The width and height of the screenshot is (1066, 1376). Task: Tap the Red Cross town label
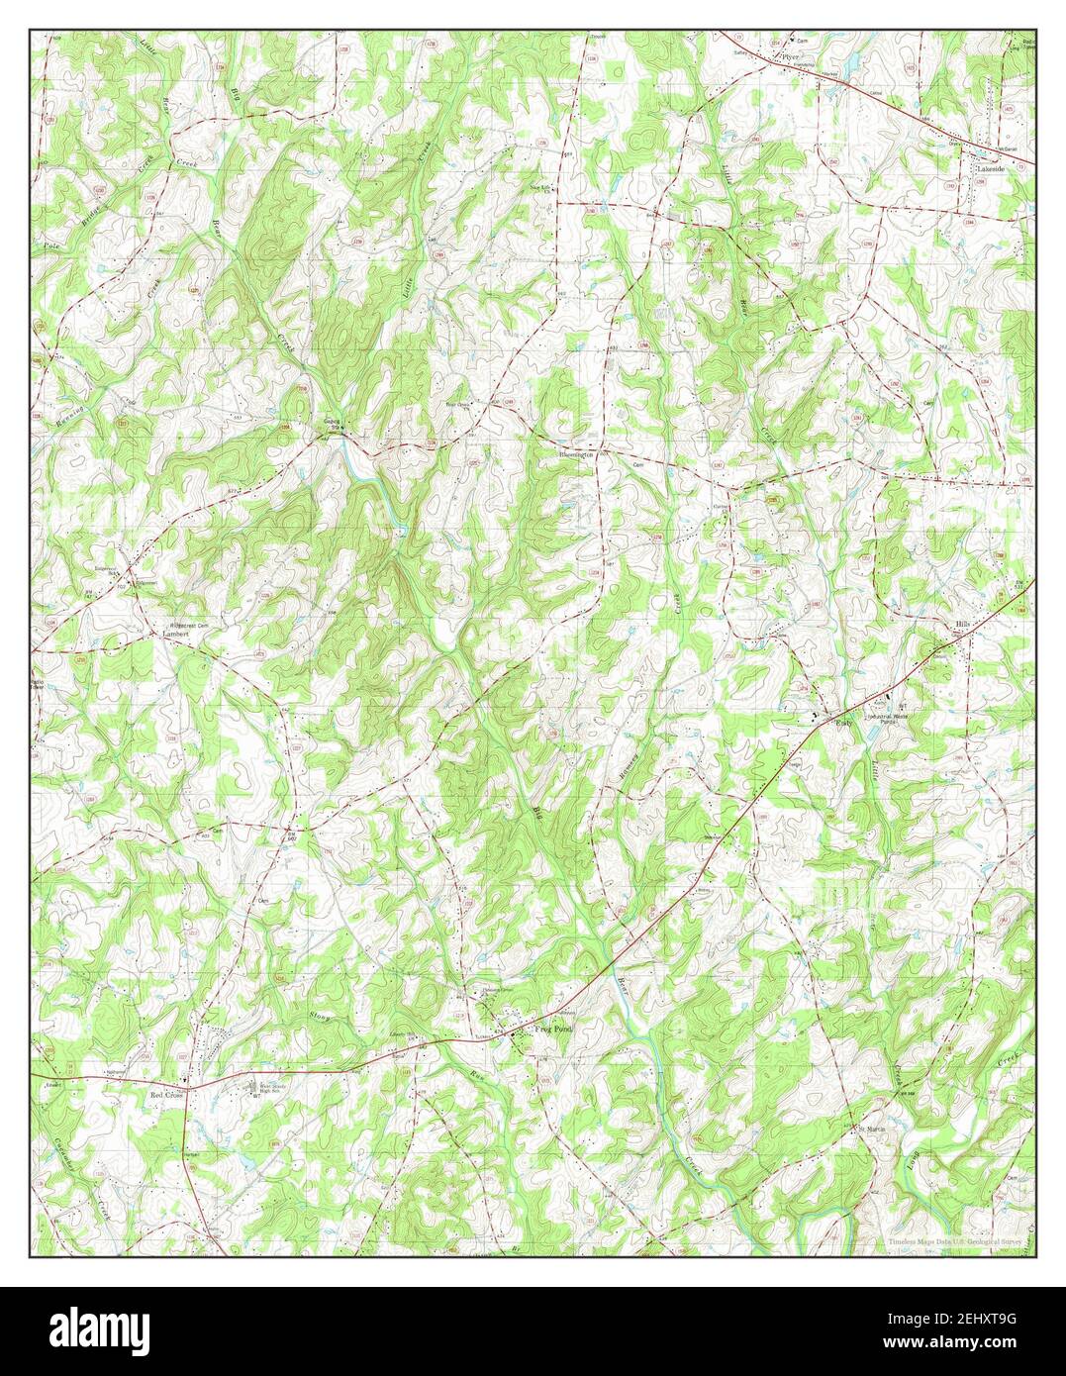coord(167,1096)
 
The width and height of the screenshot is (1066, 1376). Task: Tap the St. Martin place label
coord(869,1129)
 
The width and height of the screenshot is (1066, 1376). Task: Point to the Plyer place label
coord(789,57)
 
